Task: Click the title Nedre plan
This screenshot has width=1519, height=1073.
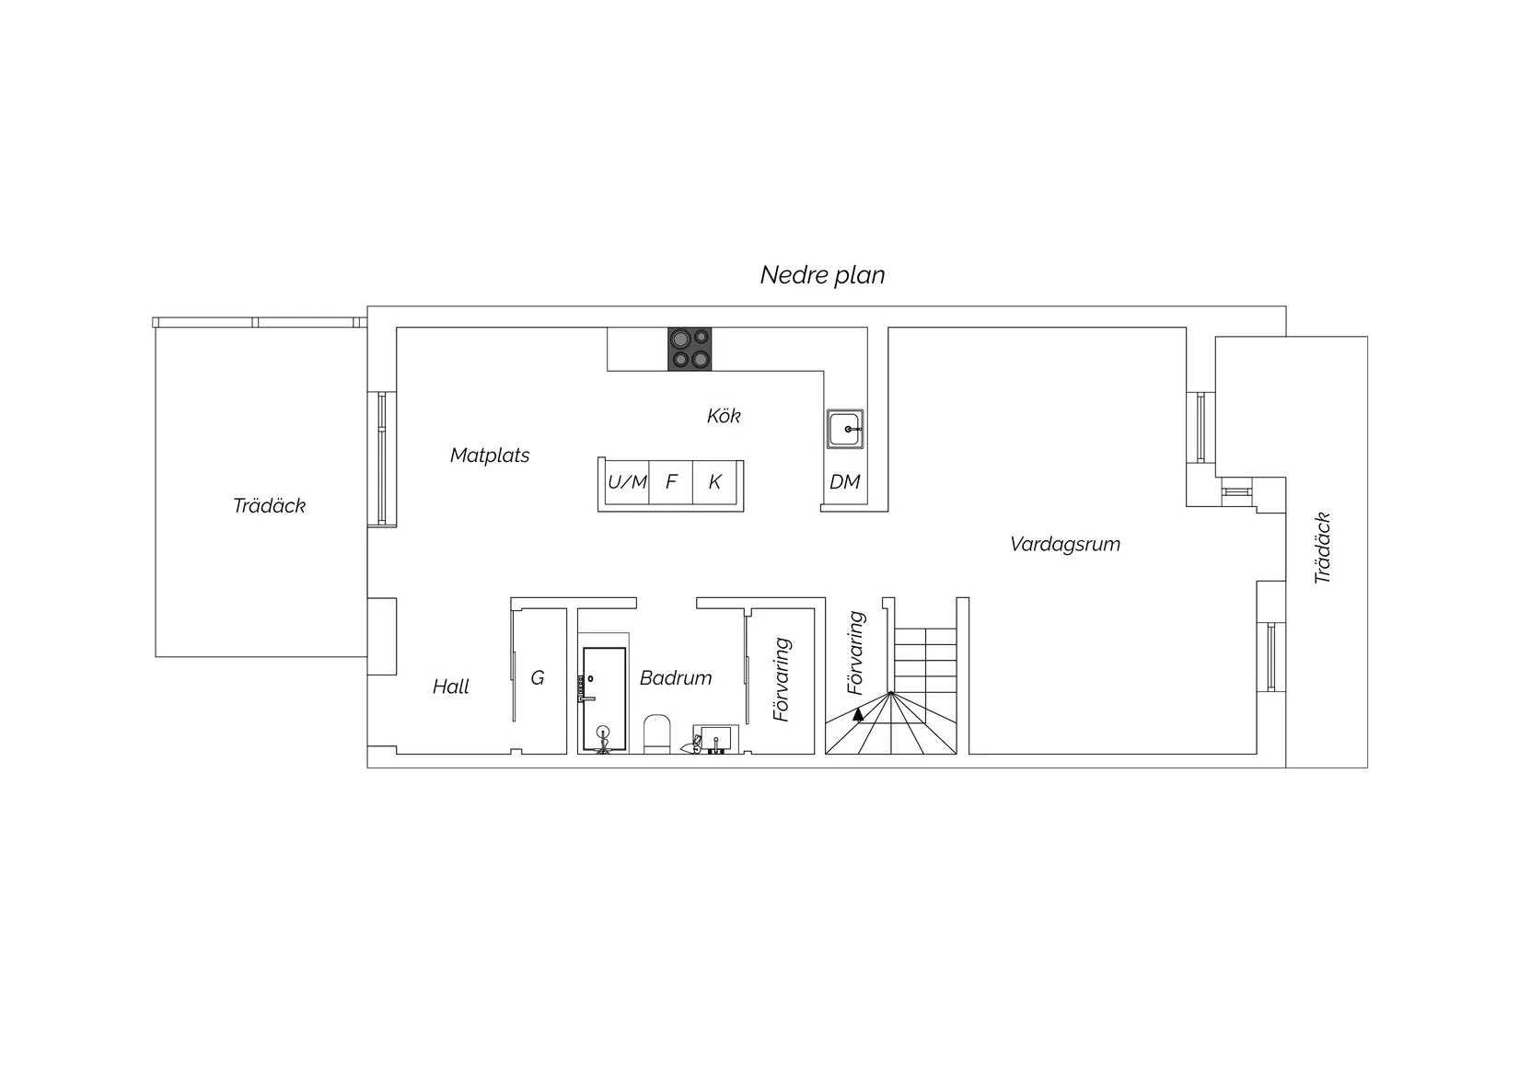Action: pos(822,275)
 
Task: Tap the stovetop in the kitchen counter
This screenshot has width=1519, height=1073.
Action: pos(690,349)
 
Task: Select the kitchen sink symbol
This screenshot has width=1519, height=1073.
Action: pos(845,429)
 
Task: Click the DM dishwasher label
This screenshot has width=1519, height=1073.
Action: pos(845,482)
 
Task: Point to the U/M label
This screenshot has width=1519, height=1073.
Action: pos(627,482)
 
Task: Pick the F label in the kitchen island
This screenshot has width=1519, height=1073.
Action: pos(671,482)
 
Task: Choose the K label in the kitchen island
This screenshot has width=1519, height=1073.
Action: pos(714,482)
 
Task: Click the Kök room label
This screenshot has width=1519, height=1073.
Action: pos(724,416)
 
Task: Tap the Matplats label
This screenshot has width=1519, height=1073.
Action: pos(490,456)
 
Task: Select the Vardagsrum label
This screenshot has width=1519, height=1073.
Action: pos(1064,544)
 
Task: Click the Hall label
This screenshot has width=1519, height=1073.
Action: pos(451,686)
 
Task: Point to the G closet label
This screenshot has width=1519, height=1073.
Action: pos(537,678)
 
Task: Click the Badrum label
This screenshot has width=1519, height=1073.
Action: pos(676,678)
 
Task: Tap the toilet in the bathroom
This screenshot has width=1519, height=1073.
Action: pos(656,733)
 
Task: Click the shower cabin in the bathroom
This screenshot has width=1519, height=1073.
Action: pos(604,698)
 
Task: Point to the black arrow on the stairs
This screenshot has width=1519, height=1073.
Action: pos(859,713)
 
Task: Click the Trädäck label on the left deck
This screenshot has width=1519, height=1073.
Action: pos(269,506)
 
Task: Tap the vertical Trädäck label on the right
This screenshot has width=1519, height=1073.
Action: pos(1322,548)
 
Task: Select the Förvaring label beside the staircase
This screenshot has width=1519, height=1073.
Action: pos(856,652)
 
